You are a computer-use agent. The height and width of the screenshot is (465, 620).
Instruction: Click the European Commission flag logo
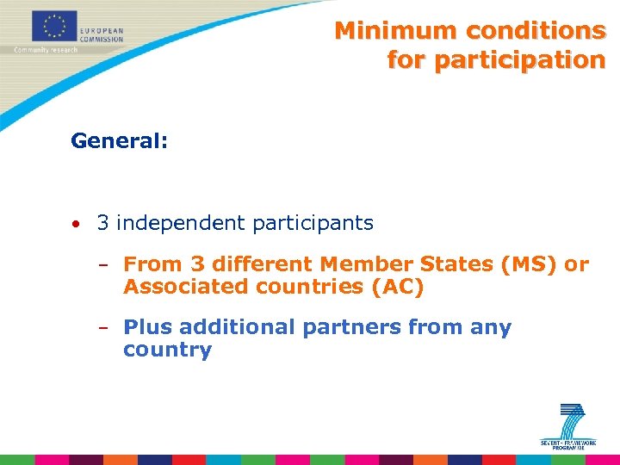coord(55,26)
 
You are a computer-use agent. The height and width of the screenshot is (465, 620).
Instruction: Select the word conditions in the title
coord(536,31)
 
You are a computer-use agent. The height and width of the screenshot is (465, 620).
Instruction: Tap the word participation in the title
coord(496,60)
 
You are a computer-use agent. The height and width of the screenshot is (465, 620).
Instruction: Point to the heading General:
coord(119,140)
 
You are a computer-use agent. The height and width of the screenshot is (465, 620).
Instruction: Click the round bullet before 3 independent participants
coord(77,225)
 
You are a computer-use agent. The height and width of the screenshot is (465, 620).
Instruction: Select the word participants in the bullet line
coord(313,223)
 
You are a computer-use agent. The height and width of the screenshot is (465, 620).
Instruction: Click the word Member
coord(352,264)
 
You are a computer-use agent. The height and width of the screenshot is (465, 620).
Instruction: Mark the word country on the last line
coord(167,350)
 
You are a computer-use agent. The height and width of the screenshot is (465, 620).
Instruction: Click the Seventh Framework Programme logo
coord(567,425)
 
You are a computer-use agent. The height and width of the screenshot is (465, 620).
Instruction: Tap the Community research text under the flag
coord(46,49)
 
